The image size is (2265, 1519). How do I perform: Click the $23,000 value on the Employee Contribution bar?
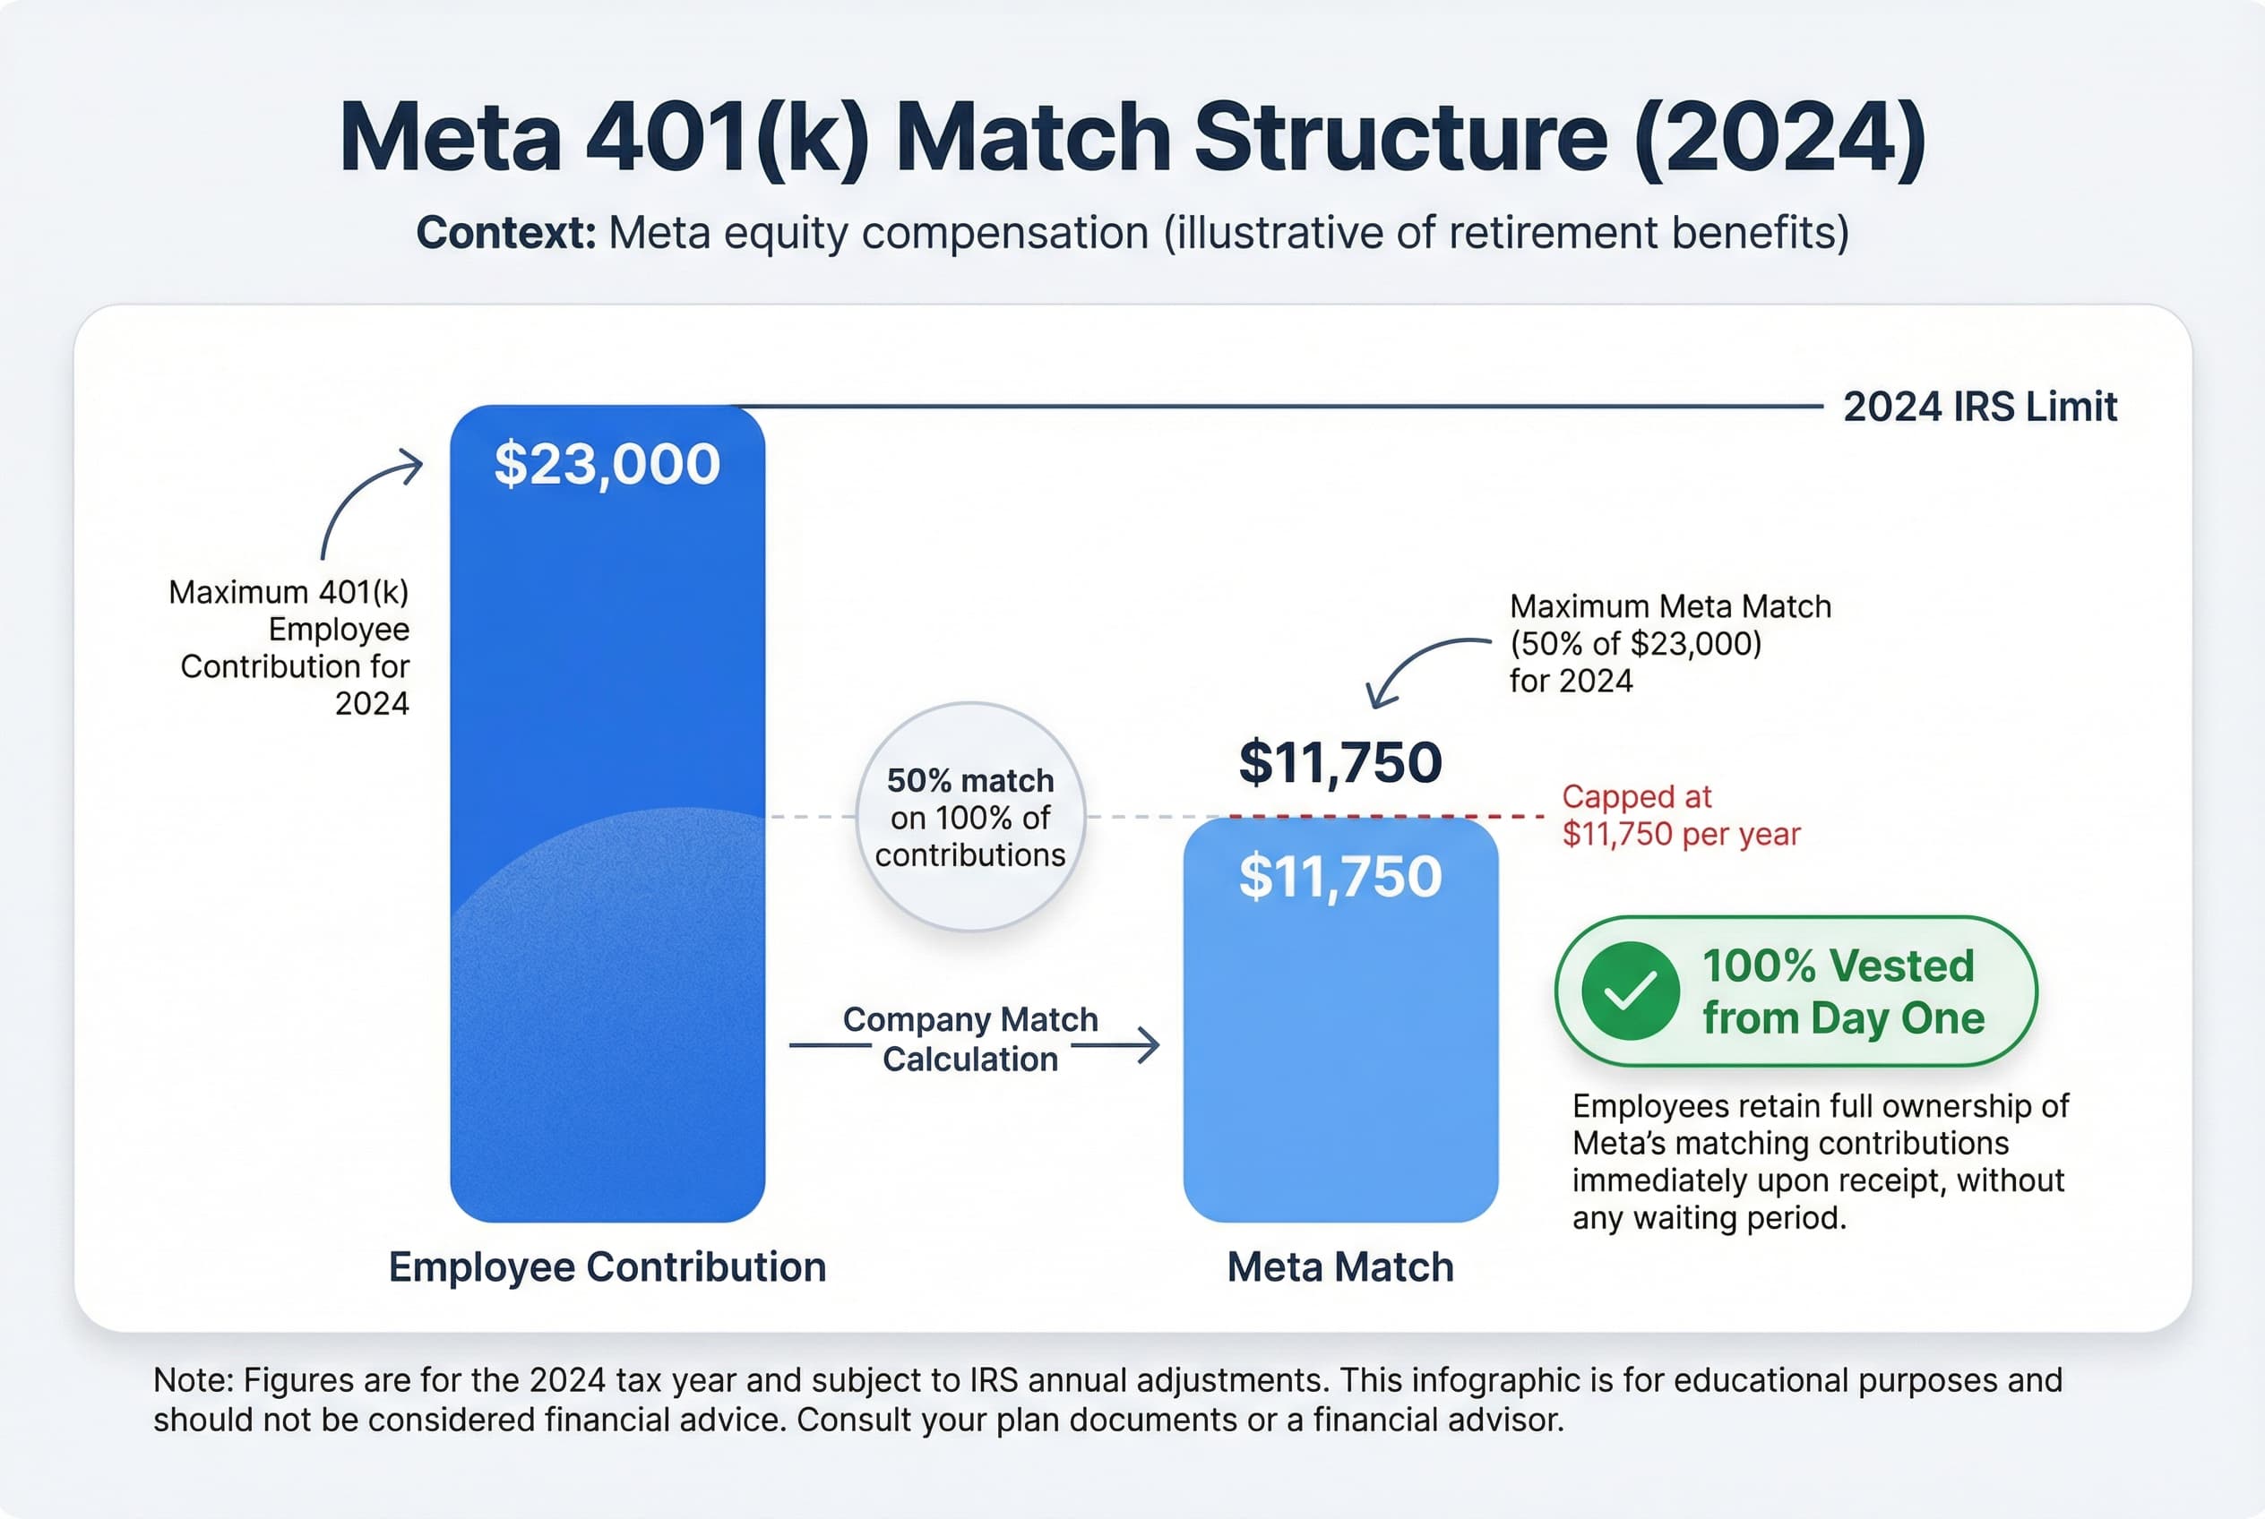coord(607,463)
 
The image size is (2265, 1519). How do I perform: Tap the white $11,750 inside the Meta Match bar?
coord(1340,877)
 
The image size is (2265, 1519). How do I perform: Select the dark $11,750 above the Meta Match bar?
coord(1340,762)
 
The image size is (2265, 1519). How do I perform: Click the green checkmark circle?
coord(1630,991)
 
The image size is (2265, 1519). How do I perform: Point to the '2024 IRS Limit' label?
coord(1979,407)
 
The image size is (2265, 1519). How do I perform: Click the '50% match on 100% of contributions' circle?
coord(970,817)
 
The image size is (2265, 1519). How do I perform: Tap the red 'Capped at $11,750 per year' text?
coord(1680,815)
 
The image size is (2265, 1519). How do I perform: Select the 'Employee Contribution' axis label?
coord(607,1267)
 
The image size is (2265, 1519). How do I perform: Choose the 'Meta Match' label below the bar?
coord(1340,1267)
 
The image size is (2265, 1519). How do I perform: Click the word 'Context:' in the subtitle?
coord(506,234)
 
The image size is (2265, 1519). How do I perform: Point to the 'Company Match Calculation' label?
coord(970,1040)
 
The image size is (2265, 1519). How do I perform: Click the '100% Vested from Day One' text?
coord(1841,991)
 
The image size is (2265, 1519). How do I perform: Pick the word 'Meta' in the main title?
coord(450,138)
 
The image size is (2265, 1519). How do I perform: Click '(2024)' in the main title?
coord(1778,138)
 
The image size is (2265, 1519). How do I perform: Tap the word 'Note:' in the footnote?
coord(194,1380)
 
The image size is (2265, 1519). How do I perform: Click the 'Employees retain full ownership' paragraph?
coord(1819,1162)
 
